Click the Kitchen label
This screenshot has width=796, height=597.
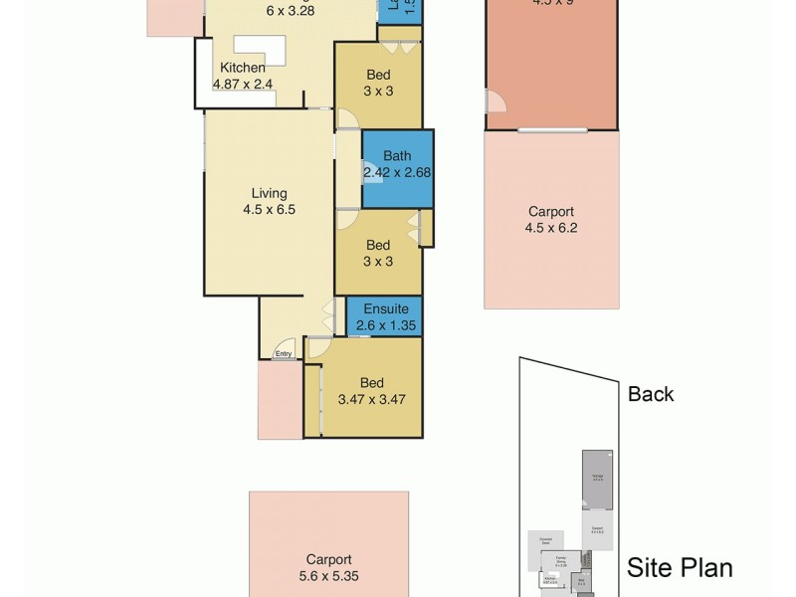[x=243, y=68]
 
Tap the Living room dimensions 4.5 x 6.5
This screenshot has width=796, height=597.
[x=270, y=210]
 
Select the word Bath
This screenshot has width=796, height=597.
[x=397, y=156]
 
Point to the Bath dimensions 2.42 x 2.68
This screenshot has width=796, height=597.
[x=398, y=172]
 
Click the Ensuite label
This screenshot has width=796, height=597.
[x=385, y=308]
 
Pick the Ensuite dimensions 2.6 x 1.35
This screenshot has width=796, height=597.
[x=384, y=325]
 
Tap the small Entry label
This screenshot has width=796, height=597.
[x=284, y=354]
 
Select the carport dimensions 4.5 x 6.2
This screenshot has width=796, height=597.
[x=550, y=228]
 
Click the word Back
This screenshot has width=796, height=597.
[x=651, y=394]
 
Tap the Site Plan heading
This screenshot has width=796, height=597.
[x=680, y=568]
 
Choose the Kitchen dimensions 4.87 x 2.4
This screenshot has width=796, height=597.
[x=243, y=85]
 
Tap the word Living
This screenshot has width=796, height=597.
[x=270, y=193]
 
